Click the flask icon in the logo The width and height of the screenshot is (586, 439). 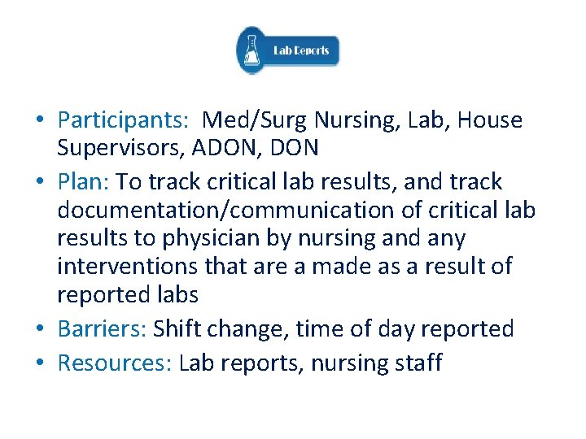tap(253, 50)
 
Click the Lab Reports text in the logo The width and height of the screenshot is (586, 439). tap(301, 50)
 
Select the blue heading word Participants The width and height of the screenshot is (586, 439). tap(123, 120)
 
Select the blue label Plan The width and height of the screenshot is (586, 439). tap(85, 181)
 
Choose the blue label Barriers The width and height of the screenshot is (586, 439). tap(102, 329)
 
